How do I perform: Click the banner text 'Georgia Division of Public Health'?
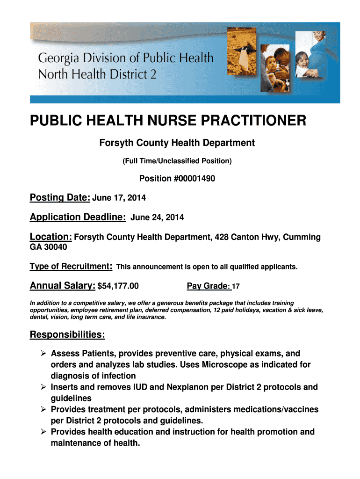(x=125, y=59)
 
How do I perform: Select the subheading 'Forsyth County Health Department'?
(x=177, y=143)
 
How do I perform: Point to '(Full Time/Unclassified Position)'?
(x=177, y=161)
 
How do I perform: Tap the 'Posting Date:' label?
(x=60, y=198)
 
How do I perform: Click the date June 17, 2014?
(x=119, y=198)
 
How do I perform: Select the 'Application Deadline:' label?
(x=78, y=217)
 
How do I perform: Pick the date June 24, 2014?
(x=157, y=218)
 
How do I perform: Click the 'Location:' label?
(x=50, y=237)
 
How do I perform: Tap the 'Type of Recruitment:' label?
(x=71, y=266)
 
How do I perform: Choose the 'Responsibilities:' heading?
(x=67, y=334)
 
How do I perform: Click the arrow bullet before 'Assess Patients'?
(x=43, y=354)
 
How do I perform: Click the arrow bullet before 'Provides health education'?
(x=43, y=432)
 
